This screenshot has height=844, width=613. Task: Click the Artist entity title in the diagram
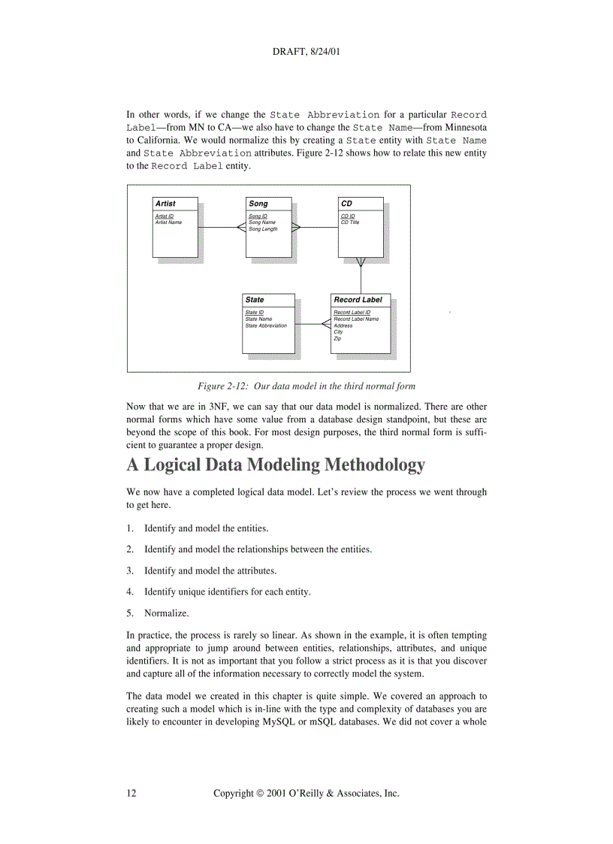coord(165,204)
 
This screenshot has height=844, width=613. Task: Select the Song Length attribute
coord(263,229)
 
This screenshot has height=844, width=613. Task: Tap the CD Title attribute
coord(350,222)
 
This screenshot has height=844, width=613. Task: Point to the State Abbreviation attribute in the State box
coord(266,325)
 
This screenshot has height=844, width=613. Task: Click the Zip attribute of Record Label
coord(337,339)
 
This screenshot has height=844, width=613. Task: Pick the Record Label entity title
coord(358,300)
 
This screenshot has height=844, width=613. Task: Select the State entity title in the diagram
coord(255,300)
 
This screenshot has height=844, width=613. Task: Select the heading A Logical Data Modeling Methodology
coord(276,465)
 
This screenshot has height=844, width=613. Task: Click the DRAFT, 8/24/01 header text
coord(306,53)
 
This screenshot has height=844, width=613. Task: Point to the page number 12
coord(131,793)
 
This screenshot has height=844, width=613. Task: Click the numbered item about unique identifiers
coord(227,592)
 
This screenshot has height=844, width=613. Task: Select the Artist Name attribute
coord(168,222)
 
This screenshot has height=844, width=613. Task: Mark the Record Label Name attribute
coord(356,319)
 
